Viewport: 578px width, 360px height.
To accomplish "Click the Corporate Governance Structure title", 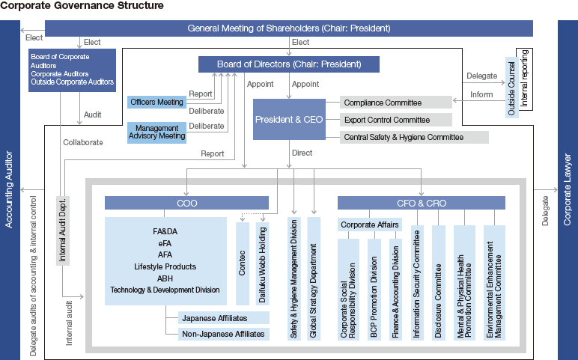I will [82, 6].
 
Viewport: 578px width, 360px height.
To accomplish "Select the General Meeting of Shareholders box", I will [288, 28].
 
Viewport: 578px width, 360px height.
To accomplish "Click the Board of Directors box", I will [289, 64].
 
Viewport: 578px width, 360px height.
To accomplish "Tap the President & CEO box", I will [290, 119].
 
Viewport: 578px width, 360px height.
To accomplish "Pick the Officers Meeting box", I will [156, 101].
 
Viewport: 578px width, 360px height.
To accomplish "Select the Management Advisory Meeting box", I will [156, 132].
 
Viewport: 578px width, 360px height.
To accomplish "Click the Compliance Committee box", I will [396, 103].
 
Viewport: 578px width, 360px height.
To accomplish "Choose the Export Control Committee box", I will [396, 120].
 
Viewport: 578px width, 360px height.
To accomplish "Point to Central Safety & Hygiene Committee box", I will [414, 138].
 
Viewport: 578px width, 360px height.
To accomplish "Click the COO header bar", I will [186, 203].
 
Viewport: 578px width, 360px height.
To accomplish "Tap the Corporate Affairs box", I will [369, 225].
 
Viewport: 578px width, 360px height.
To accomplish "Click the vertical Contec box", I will [242, 263].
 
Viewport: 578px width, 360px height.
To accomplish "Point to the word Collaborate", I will [83, 142].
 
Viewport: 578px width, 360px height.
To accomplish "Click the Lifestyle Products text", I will [165, 266].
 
